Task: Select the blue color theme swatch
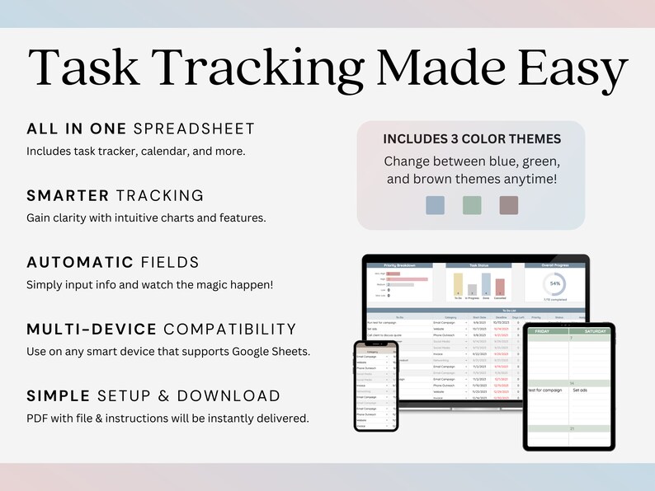pos(436,205)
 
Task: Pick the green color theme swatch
pos(472,205)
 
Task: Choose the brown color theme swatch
pos(508,205)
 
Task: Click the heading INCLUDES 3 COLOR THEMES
pos(471,139)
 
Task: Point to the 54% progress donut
pos(554,283)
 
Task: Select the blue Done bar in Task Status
pos(486,283)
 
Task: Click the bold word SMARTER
pos(68,195)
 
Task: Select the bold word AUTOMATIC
pos(80,262)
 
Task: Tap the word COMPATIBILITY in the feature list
pos(230,329)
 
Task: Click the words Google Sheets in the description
pos(274,352)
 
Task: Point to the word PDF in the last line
pos(37,419)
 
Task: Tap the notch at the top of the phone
pos(375,344)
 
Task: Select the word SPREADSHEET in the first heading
pos(194,129)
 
